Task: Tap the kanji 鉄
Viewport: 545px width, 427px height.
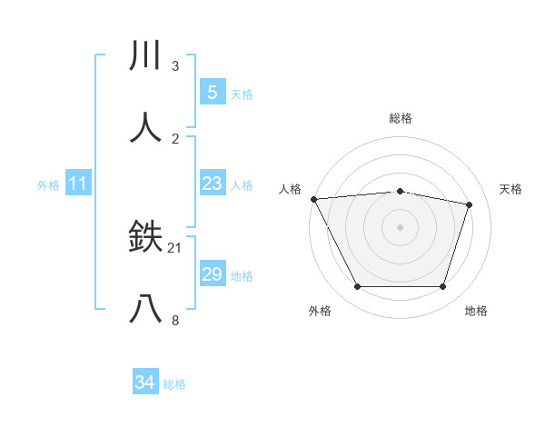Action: (x=146, y=237)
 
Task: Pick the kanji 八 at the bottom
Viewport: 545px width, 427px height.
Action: (x=146, y=309)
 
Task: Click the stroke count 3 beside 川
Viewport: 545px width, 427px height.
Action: (x=175, y=66)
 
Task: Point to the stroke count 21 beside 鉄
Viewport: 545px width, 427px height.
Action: (x=175, y=248)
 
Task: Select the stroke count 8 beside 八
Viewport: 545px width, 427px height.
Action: (x=175, y=320)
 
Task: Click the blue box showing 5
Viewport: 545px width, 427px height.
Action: (x=212, y=92)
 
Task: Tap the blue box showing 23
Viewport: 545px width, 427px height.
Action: (x=212, y=184)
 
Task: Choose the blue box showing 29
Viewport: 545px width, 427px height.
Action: (x=212, y=274)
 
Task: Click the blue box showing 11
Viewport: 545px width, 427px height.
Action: (x=77, y=184)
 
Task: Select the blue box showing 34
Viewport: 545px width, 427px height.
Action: (x=145, y=382)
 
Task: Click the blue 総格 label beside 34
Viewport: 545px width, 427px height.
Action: (x=174, y=384)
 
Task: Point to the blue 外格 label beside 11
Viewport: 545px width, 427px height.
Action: (x=48, y=185)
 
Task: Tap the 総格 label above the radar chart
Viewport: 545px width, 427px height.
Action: (x=400, y=118)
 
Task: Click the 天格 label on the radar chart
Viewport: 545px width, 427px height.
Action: (x=510, y=189)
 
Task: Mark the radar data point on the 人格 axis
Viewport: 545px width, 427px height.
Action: (x=313, y=199)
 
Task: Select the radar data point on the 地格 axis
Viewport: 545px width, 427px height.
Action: (x=442, y=287)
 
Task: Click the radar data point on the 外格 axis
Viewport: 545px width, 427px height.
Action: (x=357, y=287)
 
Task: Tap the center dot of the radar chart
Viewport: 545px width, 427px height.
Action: (x=400, y=227)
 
